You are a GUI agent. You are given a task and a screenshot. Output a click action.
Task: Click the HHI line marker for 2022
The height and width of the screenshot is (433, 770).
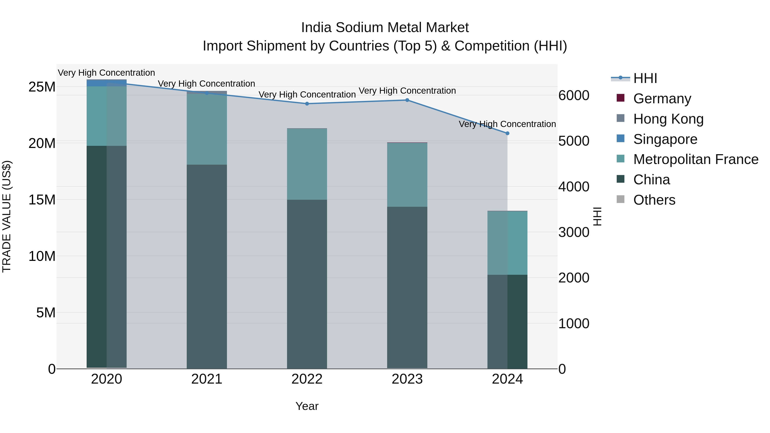tap(307, 104)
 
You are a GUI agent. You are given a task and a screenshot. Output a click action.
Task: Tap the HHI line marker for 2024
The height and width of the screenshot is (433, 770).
tap(507, 133)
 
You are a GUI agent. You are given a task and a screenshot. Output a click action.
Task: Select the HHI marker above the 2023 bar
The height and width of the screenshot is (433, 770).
tap(407, 100)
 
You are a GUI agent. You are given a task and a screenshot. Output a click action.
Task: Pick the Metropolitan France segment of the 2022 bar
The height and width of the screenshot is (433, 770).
tap(307, 164)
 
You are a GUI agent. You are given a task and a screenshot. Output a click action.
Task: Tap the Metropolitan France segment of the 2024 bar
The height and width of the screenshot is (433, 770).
tap(507, 243)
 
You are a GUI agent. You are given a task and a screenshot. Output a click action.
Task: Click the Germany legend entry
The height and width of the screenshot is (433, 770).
tap(662, 98)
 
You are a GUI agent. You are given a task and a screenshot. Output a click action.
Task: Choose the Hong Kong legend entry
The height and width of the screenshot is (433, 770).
tap(668, 119)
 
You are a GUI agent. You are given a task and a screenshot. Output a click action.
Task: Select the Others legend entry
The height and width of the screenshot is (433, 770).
tap(654, 200)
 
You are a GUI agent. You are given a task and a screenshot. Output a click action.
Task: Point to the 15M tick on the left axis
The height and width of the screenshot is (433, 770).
tap(42, 200)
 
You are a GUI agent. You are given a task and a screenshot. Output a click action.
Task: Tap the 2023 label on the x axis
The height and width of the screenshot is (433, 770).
tap(407, 379)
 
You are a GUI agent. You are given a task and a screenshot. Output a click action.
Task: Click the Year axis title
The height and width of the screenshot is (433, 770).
tap(307, 406)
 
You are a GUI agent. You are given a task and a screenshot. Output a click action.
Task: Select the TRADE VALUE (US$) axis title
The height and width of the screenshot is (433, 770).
tap(7, 216)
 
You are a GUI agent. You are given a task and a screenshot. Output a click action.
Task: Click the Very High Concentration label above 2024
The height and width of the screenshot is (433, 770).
tap(507, 124)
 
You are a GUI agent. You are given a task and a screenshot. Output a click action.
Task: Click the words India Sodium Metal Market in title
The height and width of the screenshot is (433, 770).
tap(385, 28)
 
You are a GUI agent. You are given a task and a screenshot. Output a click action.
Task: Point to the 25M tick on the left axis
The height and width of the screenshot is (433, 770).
tap(42, 87)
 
